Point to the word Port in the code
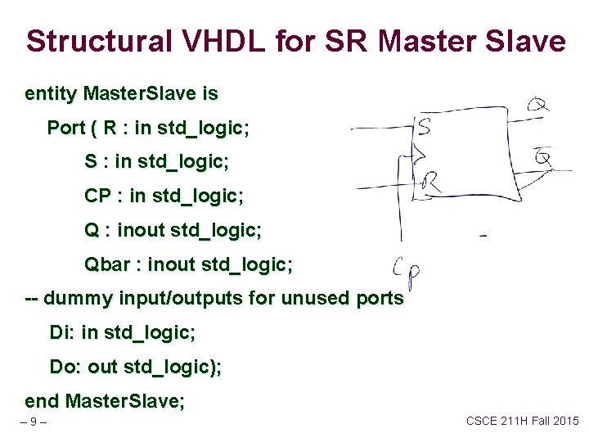tap(65, 128)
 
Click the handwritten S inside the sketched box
tap(425, 127)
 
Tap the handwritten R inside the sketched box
tap(431, 182)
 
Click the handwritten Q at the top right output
tap(538, 104)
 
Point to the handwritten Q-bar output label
tap(542, 153)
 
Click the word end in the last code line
tap(42, 401)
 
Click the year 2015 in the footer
tap(564, 421)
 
